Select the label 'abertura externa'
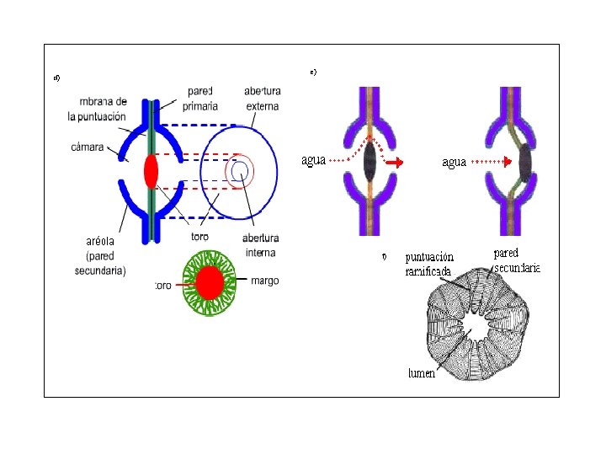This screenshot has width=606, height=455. (x=262, y=98)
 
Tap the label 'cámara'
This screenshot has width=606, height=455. (x=88, y=147)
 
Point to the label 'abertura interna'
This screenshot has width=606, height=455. (x=261, y=245)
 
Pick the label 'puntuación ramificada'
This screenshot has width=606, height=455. (x=429, y=264)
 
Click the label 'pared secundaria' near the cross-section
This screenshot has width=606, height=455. (x=516, y=260)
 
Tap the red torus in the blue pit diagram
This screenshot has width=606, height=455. (x=151, y=170)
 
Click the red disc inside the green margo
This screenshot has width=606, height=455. (x=209, y=281)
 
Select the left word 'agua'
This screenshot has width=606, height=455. (x=313, y=159)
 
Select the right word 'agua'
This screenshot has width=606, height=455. (x=454, y=162)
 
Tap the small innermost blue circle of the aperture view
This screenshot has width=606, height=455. (x=239, y=172)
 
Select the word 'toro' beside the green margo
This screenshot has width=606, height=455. (x=163, y=286)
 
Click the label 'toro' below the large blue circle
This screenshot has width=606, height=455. (x=199, y=237)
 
